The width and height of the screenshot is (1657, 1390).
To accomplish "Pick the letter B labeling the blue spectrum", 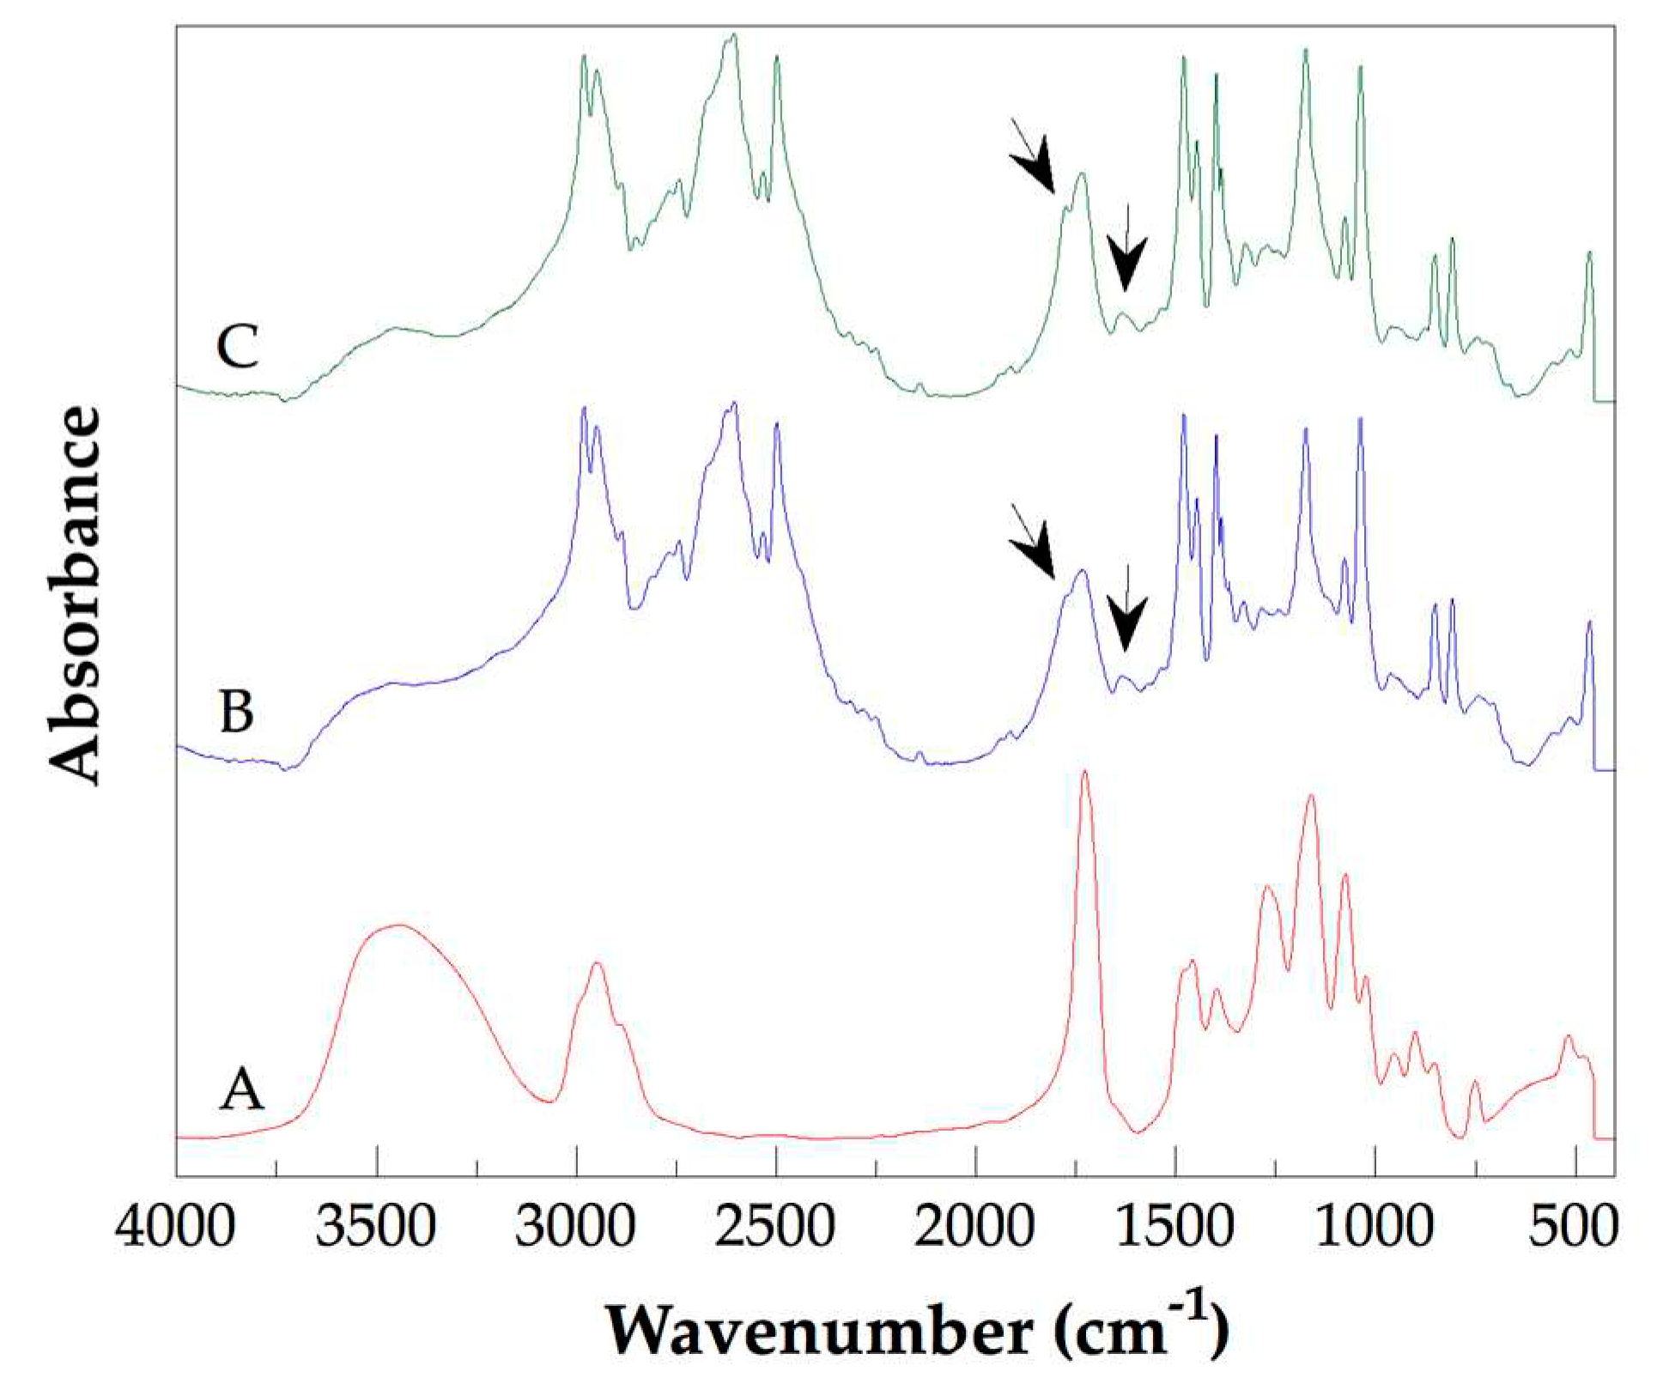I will tap(238, 713).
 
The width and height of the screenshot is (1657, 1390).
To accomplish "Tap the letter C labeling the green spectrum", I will tap(238, 347).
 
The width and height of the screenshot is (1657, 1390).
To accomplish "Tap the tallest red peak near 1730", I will tap(1084, 773).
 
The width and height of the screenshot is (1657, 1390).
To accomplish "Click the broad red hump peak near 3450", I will tap(397, 926).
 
